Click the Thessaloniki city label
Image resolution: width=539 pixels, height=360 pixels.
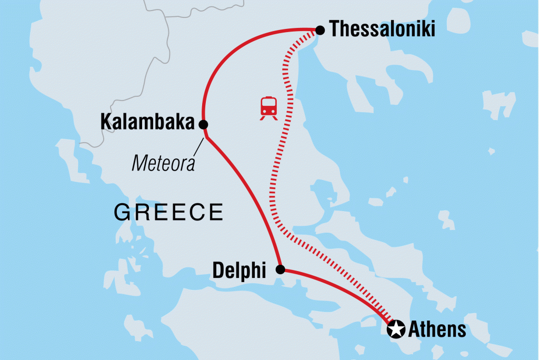point(383,30)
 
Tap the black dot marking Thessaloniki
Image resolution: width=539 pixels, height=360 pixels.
point(320,31)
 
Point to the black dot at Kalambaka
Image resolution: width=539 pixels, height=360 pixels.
point(203,124)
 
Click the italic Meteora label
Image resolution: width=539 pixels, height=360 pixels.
point(163,163)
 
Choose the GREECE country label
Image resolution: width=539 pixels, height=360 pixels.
point(168,213)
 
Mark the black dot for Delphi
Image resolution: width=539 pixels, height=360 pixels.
point(281,270)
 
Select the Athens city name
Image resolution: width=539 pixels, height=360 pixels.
point(437,330)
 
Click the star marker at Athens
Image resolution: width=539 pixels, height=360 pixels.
point(395,330)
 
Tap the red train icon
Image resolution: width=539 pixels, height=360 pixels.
point(269,108)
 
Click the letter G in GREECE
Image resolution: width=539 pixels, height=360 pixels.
point(122,213)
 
